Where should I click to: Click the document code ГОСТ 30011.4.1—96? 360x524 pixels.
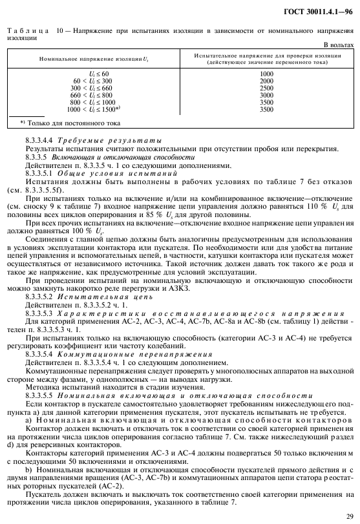tap(318, 12)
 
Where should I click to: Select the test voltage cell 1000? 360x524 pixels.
tap(266, 74)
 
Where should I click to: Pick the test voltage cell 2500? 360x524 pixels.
tap(266, 88)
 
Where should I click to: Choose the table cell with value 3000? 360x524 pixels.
tap(266, 95)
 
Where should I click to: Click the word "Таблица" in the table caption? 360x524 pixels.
tap(24, 31)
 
